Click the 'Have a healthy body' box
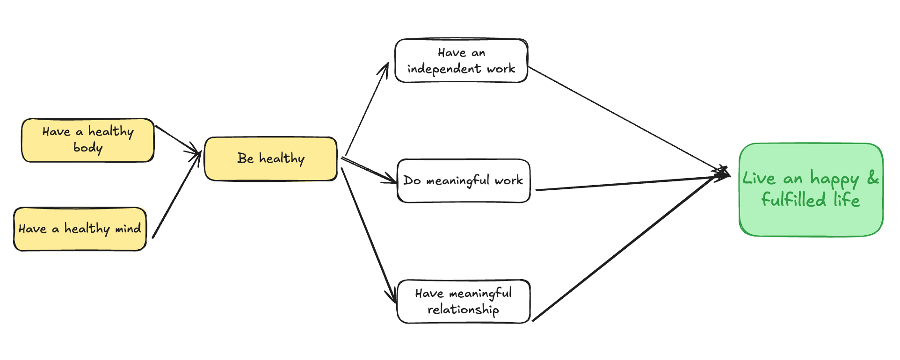point(88,140)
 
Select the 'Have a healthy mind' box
point(80,229)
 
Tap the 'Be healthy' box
point(271,158)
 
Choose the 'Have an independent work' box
point(461,61)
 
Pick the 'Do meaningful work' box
point(464,180)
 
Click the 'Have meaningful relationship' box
point(464,302)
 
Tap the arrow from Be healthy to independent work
point(367,109)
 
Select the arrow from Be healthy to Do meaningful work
point(370,170)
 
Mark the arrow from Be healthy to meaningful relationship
point(369,234)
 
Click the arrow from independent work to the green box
point(627,119)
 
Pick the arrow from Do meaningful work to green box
point(631,183)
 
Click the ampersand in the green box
point(873,178)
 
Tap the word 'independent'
point(444,69)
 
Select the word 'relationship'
point(463,310)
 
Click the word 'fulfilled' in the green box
point(793,200)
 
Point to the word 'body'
point(88,148)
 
